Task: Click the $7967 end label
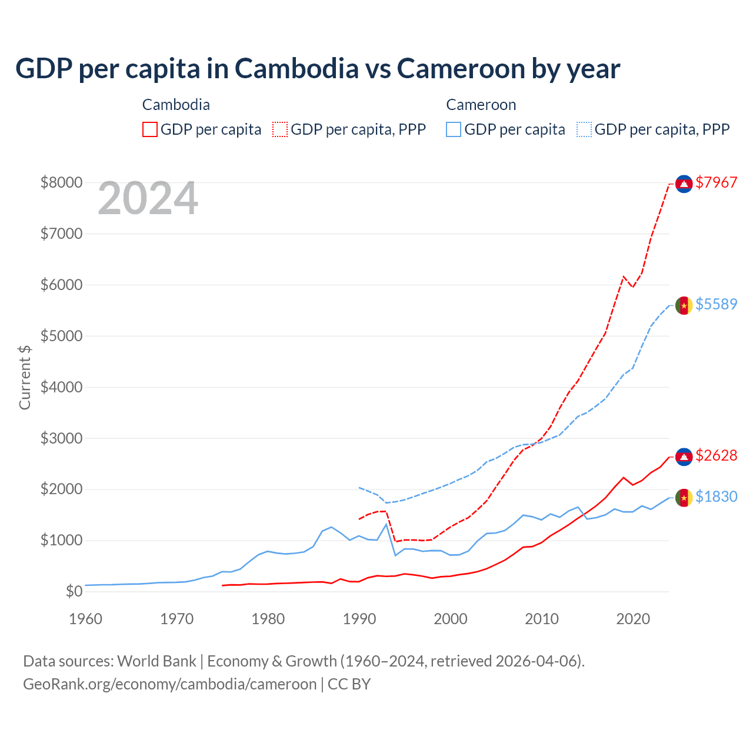pos(716,182)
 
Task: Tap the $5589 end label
pos(716,304)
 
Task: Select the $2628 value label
pos(716,455)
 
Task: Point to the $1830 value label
pos(716,497)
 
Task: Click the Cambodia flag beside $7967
pos(684,184)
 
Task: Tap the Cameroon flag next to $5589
pos(684,305)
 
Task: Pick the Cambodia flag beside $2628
pos(684,457)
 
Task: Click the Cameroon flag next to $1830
pos(684,498)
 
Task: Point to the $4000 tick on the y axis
pos(61,387)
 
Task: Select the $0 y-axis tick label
pos(74,591)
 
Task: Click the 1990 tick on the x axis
pos(359,619)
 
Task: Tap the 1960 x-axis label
pos(86,619)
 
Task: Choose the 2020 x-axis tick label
pos(633,619)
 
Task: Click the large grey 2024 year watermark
pos(148,199)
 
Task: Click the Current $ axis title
pos(25,377)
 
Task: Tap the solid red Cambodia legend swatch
pos(150,129)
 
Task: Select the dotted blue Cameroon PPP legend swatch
pos(584,129)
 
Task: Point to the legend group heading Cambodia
pos(176,105)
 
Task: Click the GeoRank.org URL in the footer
pos(170,684)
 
